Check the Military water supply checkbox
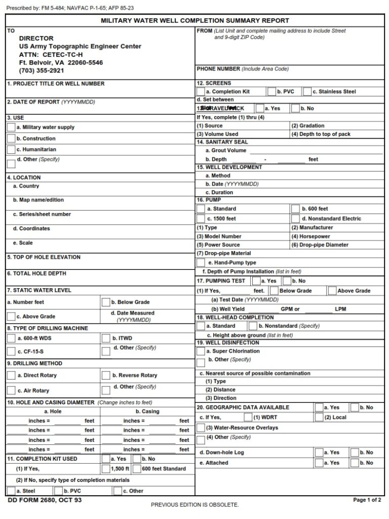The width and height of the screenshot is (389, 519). [x=11, y=127]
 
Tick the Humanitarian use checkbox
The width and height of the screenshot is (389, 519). [x=11, y=150]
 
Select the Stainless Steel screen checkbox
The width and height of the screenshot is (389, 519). [x=306, y=92]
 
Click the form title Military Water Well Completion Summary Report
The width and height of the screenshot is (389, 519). [x=194, y=21]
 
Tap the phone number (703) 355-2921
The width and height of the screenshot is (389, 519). [x=42, y=71]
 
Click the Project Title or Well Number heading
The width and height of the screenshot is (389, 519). [x=56, y=84]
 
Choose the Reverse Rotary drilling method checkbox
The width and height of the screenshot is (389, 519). [x=106, y=375]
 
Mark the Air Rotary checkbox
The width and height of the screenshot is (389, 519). [x=11, y=391]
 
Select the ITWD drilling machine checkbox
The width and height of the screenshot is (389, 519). [x=106, y=338]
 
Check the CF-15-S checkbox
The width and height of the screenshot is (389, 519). [x=11, y=351]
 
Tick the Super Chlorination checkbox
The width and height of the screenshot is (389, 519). [x=201, y=351]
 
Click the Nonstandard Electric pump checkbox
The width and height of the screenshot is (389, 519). [x=295, y=219]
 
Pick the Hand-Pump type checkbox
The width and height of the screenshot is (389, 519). [x=201, y=263]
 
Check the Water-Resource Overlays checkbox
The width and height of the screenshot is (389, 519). [x=201, y=428]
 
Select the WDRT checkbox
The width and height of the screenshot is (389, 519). [x=248, y=418]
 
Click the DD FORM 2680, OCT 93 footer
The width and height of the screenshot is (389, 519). [x=45, y=500]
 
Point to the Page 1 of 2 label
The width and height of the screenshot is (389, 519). [x=367, y=500]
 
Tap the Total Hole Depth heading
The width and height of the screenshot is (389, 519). [x=36, y=273]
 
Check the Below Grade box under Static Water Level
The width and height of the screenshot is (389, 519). [x=106, y=302]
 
